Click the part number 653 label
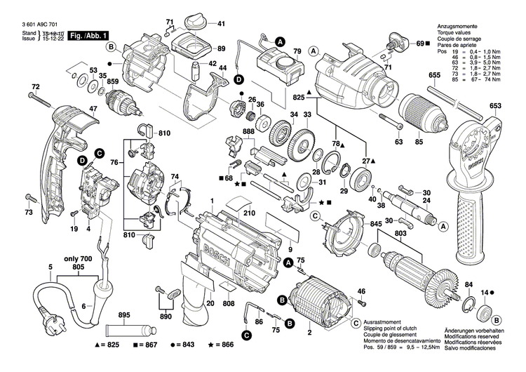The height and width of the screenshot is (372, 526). coord(496,106)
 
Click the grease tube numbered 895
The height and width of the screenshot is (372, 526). coord(129,330)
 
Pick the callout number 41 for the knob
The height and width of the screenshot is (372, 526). coord(221,25)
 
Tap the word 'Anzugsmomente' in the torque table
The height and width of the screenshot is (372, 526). coord(457,25)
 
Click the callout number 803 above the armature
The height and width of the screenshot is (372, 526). coord(400,232)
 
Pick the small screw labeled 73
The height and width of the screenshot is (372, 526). coord(28,199)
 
